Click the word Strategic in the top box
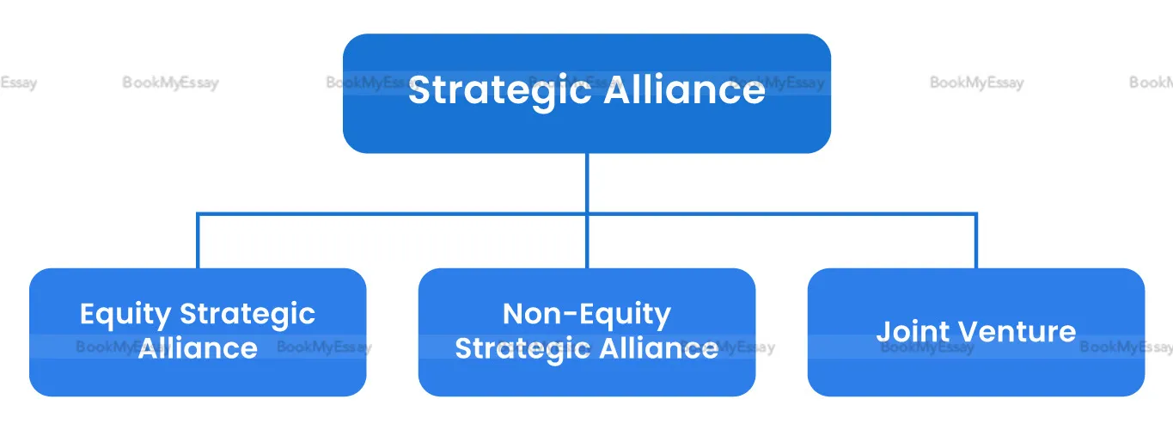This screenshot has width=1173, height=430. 499,92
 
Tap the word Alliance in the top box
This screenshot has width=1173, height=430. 685,89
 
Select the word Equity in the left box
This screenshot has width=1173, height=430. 125,316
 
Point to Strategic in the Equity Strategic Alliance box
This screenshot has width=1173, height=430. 247,316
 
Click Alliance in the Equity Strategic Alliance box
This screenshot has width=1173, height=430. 198,347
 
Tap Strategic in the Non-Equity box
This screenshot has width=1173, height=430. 522,350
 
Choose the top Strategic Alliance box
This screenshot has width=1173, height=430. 586,93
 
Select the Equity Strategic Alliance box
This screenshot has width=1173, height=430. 198,332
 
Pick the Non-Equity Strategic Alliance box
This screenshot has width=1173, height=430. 586,332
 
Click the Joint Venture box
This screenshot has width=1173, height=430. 976,332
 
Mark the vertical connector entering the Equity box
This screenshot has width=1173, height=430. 198,241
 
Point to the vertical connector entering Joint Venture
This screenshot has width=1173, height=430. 976,241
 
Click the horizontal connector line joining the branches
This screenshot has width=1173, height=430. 587,213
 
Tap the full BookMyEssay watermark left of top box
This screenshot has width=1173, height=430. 171,83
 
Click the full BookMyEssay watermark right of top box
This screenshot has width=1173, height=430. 976,83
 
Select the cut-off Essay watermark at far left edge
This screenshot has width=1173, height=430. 18,83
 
